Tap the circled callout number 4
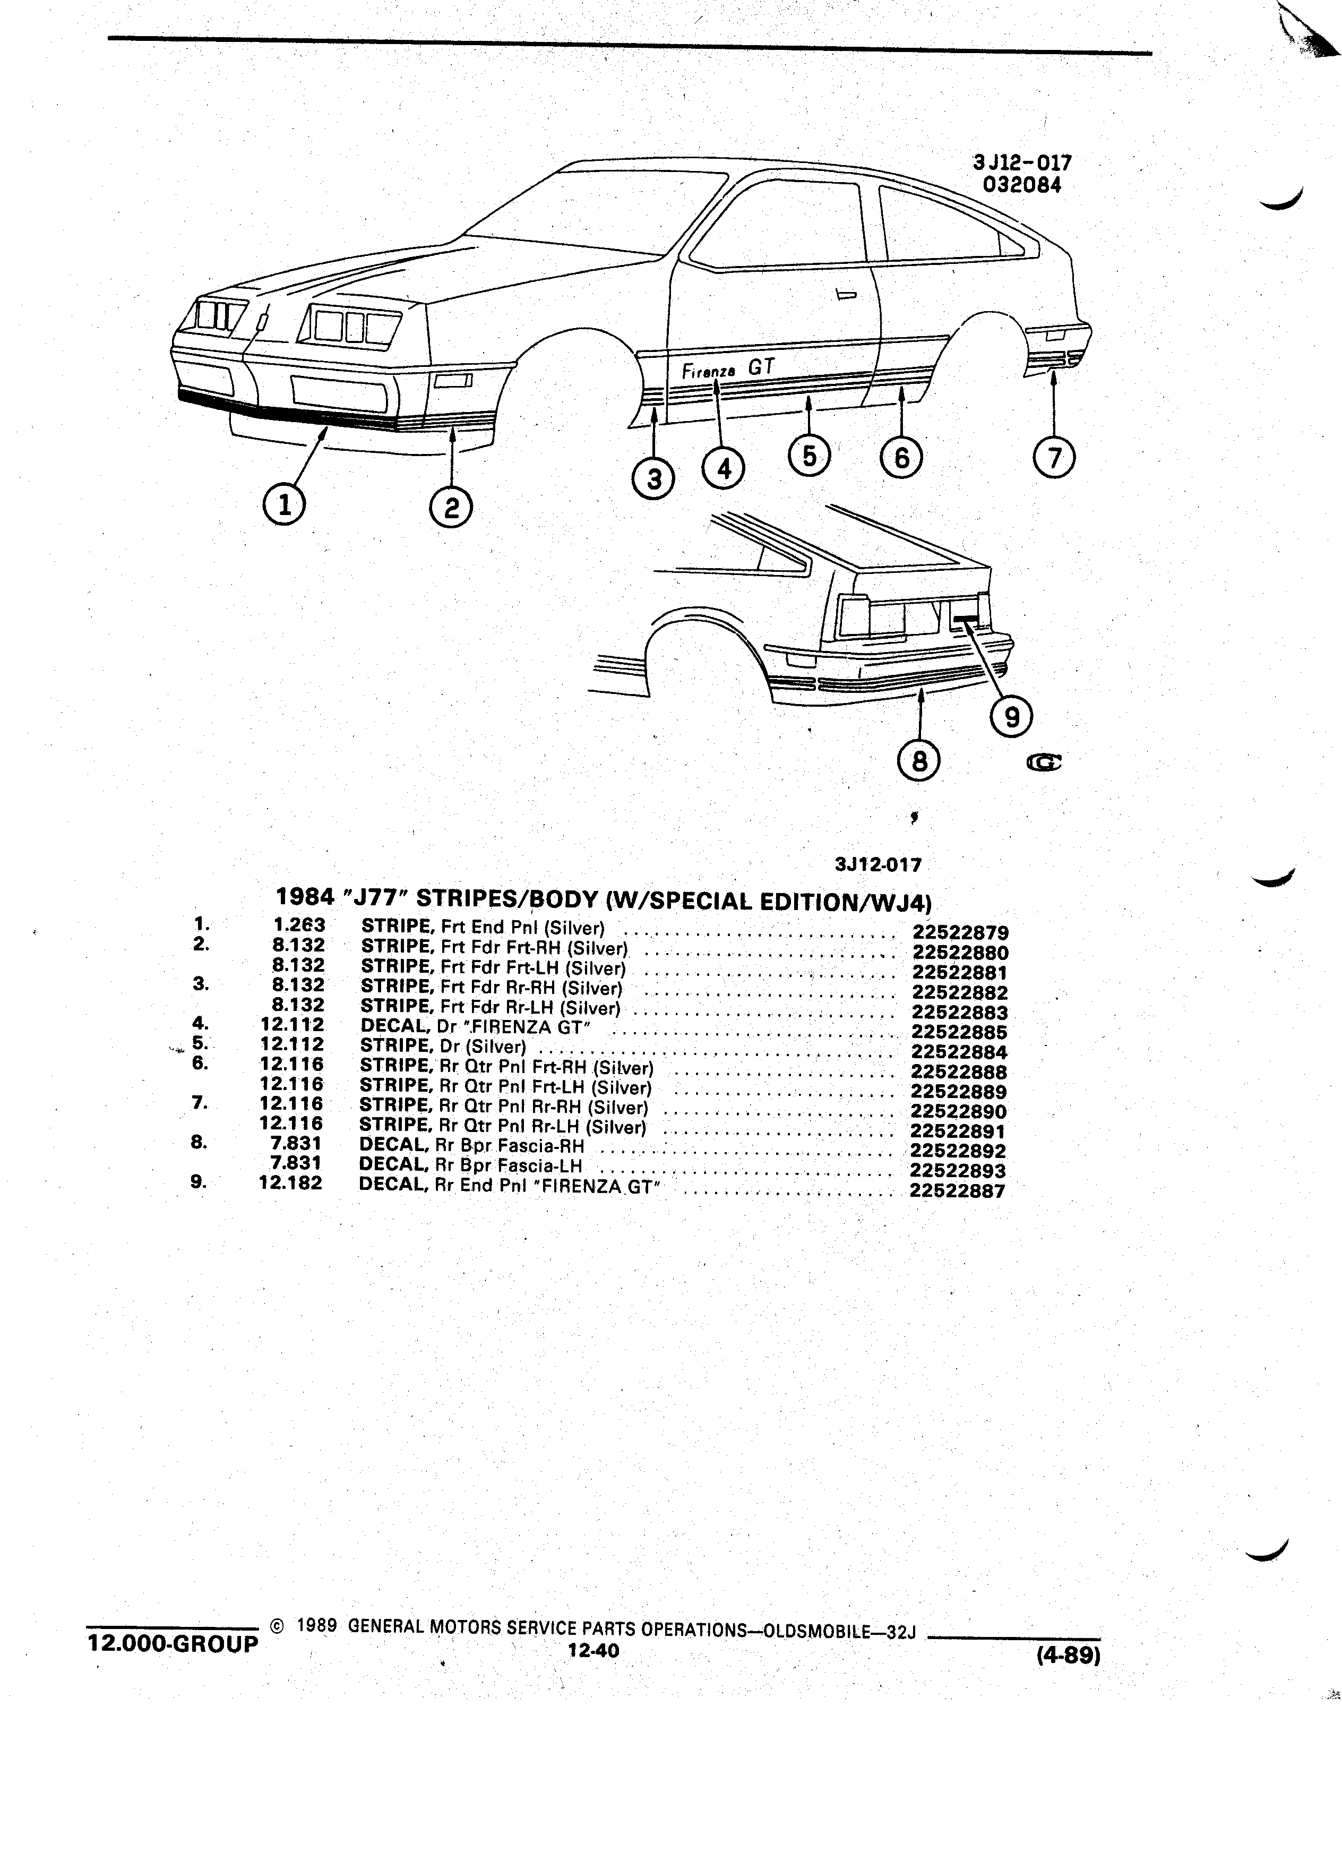pos(724,469)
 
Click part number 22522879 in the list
pos(960,933)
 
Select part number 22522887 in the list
pos(957,1190)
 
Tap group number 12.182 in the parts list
pos(291,1182)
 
